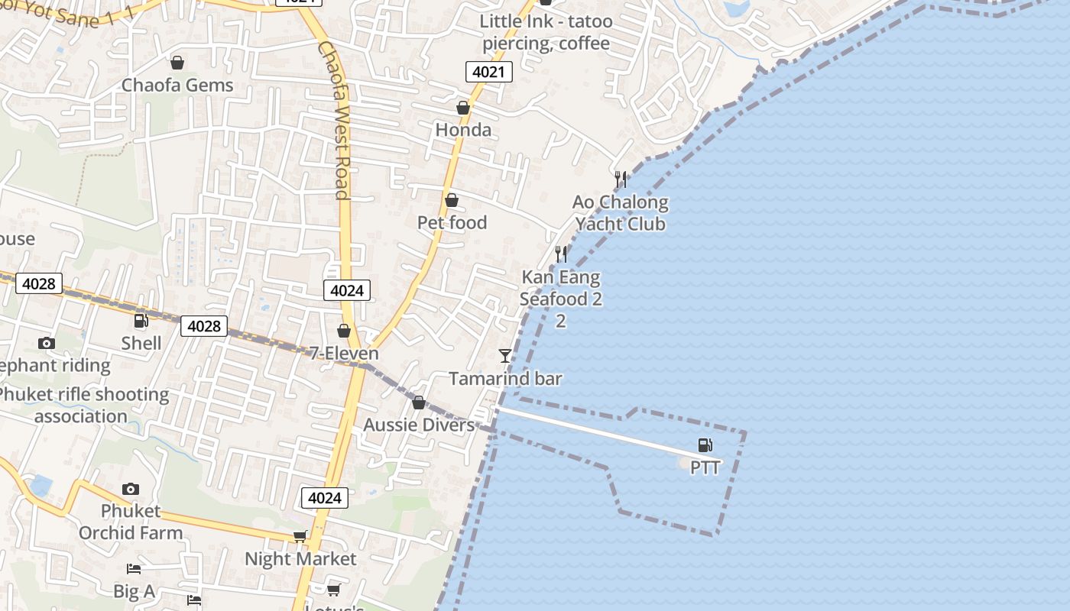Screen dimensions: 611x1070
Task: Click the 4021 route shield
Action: coord(488,72)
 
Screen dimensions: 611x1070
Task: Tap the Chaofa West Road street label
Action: coord(334,120)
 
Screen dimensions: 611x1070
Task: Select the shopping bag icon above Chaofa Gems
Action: coord(177,63)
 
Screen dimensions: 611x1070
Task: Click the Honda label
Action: coord(463,130)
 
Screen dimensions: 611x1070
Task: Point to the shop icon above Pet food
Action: coord(452,200)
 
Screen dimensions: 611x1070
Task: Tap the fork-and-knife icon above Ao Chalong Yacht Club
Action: coord(621,179)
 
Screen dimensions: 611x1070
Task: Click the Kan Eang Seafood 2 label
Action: coord(560,288)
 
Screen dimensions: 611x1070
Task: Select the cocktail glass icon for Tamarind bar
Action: coord(504,355)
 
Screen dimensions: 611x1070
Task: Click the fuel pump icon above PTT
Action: coord(705,445)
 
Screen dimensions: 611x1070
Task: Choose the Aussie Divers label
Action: coord(419,425)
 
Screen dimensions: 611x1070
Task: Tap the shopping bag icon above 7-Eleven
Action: coord(344,331)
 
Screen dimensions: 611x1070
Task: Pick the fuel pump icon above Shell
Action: coord(141,321)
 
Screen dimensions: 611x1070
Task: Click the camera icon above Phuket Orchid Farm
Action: coord(131,489)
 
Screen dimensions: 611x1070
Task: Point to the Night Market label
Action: coord(300,559)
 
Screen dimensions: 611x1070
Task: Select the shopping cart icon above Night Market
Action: coord(300,537)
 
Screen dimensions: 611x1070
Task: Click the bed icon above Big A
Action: coord(134,569)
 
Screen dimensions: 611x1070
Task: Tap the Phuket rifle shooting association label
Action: coord(82,406)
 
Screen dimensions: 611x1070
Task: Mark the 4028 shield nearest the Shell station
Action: coord(204,326)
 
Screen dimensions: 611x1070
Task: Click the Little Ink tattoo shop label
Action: coord(546,32)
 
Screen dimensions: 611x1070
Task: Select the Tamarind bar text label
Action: coord(505,379)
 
